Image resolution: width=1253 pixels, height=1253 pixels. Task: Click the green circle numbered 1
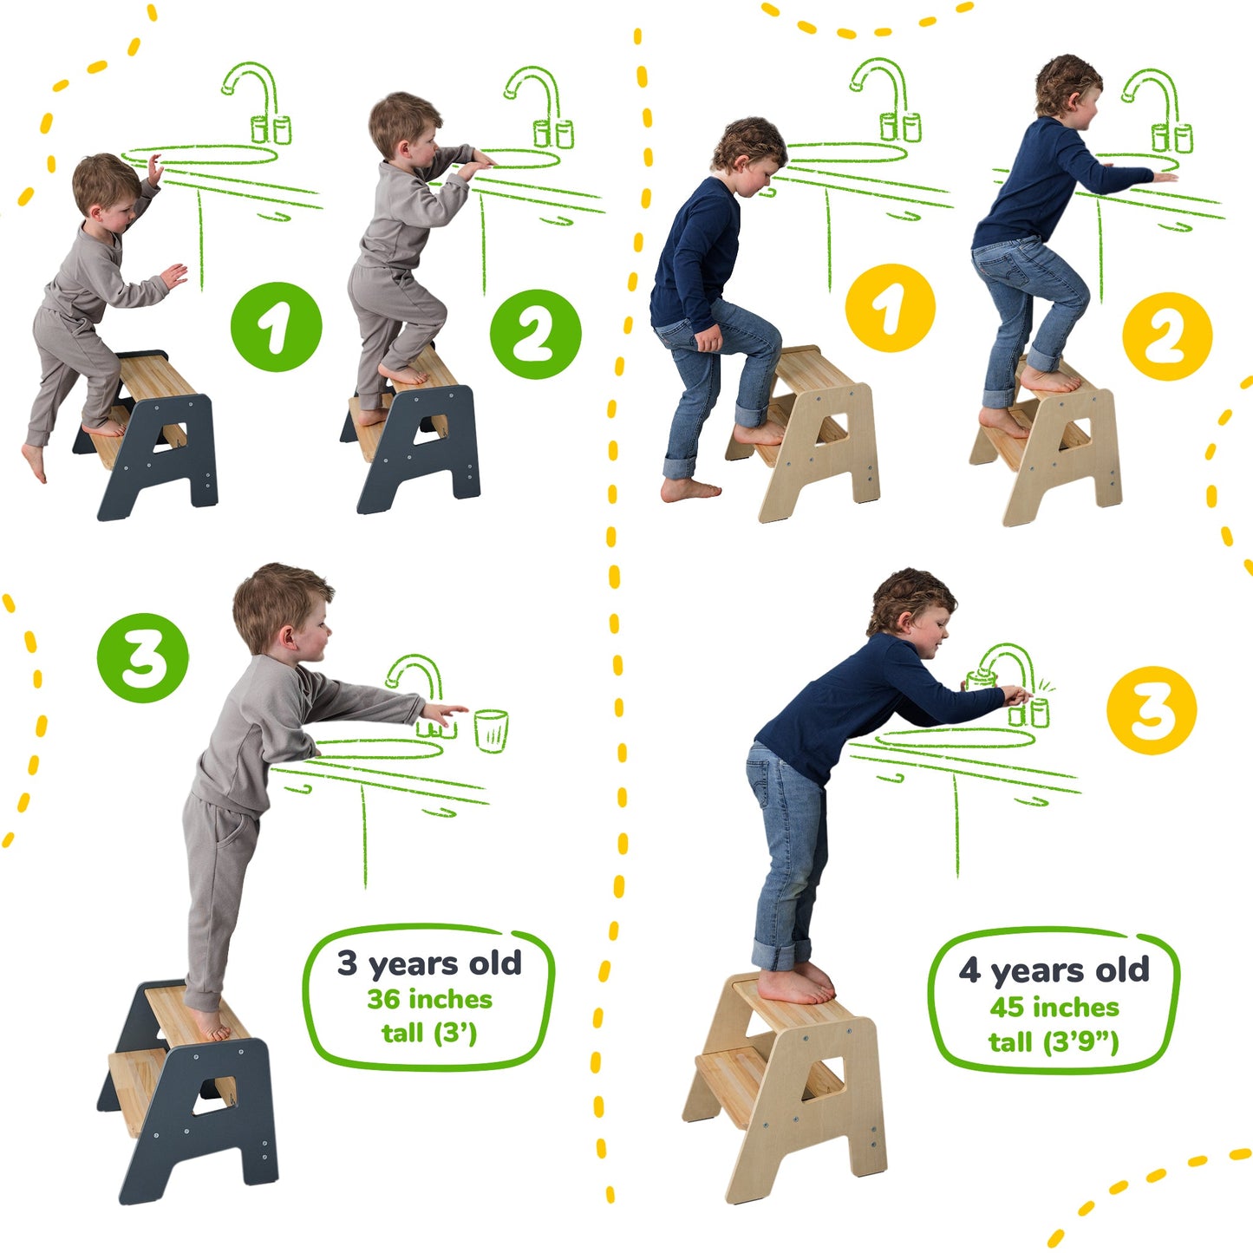point(276,327)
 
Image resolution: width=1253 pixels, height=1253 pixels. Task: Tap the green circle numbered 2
point(535,334)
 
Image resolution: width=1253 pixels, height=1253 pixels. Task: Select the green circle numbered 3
point(142,658)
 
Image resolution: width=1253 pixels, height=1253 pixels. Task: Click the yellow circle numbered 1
point(890,308)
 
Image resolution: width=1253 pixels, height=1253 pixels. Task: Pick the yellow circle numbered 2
point(1166,336)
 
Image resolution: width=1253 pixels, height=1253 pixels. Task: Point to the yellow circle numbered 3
point(1151,710)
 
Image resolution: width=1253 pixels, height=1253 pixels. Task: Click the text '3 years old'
point(429,963)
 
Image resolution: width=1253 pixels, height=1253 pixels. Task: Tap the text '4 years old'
point(1054,970)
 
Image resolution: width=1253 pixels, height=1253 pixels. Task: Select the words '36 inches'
point(429,1000)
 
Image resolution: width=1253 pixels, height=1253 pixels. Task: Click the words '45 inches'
point(1054,1008)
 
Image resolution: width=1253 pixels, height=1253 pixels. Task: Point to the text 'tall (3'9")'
point(1054,1041)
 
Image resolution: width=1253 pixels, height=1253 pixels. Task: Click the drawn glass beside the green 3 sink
point(491,730)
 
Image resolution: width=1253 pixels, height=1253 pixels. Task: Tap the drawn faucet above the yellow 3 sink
point(1009,668)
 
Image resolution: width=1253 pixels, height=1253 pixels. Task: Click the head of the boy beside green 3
point(283,610)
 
